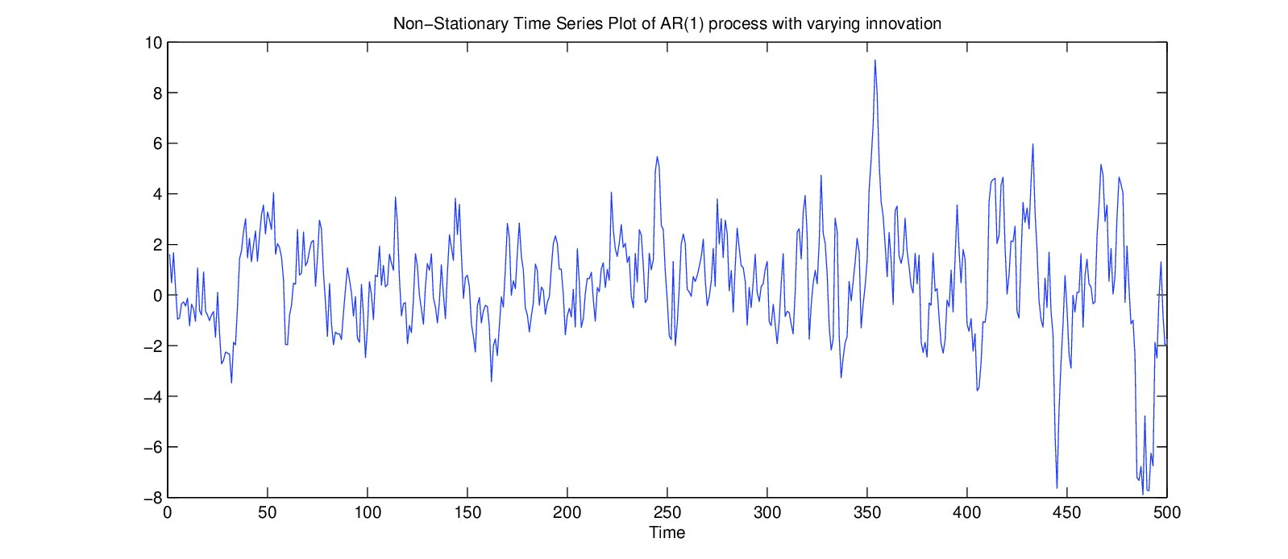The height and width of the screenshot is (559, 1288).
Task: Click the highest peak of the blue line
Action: (x=875, y=60)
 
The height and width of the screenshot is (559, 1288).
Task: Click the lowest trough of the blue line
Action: (x=1143, y=494)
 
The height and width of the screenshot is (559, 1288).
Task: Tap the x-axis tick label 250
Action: (x=667, y=512)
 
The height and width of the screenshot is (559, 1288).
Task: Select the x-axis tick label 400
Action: (x=966, y=512)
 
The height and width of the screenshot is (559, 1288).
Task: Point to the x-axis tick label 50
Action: (x=268, y=512)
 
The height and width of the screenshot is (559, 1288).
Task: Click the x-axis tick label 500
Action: (x=1166, y=512)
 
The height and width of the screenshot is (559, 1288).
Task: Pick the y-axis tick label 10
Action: (x=153, y=43)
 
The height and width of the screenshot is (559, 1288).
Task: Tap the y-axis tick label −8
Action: (x=153, y=498)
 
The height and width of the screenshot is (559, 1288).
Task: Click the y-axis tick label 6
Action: (x=157, y=143)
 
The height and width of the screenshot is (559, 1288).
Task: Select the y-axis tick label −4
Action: (x=153, y=397)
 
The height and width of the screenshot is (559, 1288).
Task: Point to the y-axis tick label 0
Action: (x=157, y=296)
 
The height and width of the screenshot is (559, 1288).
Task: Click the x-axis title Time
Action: (x=667, y=532)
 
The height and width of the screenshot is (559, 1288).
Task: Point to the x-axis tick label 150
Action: (x=467, y=512)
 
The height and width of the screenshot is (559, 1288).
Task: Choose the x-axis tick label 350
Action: (x=867, y=512)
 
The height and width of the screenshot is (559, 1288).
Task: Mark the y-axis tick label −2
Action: (x=153, y=346)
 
